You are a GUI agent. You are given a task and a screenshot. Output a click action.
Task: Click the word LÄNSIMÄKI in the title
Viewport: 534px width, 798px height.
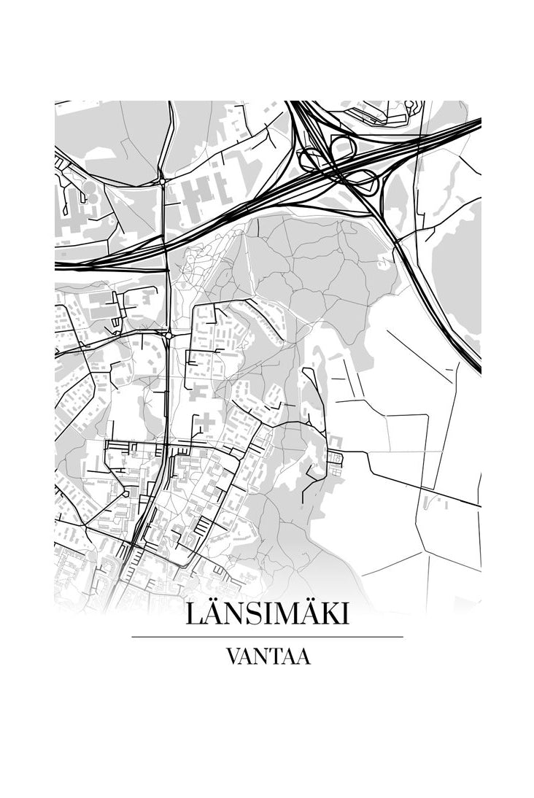coord(267,613)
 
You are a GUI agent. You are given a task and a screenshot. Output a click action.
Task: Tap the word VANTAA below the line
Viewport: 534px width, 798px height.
coord(268,657)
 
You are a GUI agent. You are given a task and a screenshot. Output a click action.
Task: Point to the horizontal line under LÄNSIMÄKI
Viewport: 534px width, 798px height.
coord(267,637)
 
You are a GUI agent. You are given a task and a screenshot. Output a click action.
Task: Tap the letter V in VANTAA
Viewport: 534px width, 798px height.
coord(233,657)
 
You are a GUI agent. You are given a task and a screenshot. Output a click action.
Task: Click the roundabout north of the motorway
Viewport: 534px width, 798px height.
coord(162,180)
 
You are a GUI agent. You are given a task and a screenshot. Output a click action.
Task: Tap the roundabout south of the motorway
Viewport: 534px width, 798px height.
coord(169,335)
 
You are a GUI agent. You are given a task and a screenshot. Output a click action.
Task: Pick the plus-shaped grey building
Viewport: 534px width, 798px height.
coord(206,422)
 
